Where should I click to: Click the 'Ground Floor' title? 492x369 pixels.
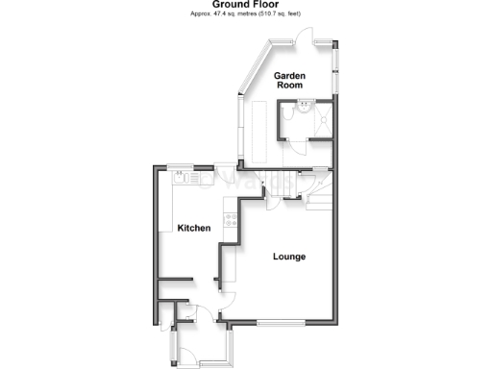point(246,6)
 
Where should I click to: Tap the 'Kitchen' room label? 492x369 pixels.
point(193,228)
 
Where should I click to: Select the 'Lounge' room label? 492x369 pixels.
point(288,257)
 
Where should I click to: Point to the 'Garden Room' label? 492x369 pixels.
point(289,80)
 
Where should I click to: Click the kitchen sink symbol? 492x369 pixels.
point(184,177)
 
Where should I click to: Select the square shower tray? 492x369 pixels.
point(322,119)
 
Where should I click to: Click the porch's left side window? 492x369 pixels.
point(172,344)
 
